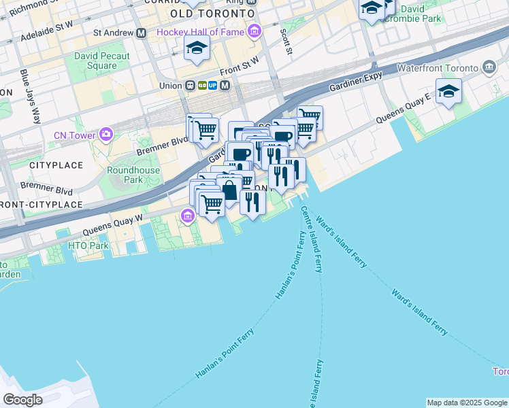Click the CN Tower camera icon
[x=105, y=134]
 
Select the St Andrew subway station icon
[x=142, y=32]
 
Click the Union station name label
[x=170, y=86]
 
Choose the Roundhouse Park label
[x=133, y=175]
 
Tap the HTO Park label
[x=88, y=245]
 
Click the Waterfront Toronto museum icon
[x=489, y=67]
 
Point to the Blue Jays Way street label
[x=29, y=95]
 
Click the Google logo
[x=22, y=399]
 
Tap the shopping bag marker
[x=230, y=188]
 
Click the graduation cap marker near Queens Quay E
[x=448, y=91]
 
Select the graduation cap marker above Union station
[x=197, y=47]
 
